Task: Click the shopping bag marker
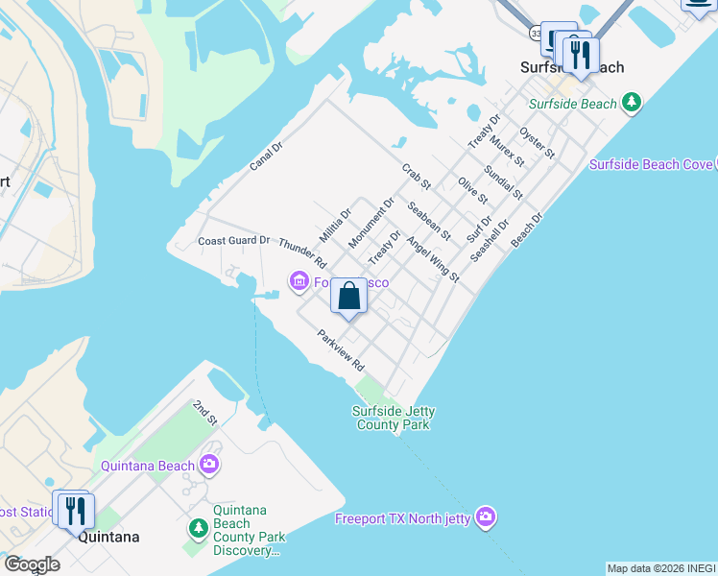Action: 349,297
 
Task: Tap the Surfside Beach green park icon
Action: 631,103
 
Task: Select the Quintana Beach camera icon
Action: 209,466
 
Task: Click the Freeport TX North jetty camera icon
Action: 487,518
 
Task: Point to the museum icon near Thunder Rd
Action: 299,281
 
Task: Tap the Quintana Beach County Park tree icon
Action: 199,528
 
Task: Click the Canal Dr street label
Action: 266,156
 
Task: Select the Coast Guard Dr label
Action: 234,240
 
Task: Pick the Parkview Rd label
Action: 343,351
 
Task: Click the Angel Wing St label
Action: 433,259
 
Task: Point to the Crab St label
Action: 417,176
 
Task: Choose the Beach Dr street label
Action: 527,229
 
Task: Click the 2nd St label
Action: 205,414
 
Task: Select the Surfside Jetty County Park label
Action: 394,418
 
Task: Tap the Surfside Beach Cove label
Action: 651,164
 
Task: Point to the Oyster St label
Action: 537,141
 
